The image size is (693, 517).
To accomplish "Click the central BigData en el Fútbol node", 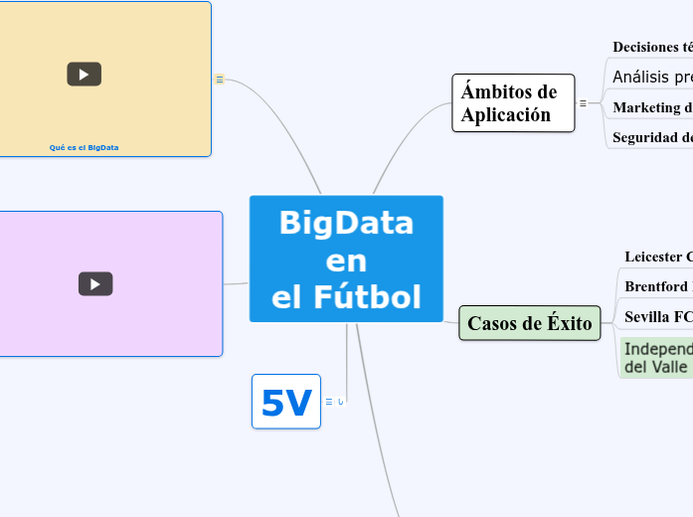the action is [x=346, y=258].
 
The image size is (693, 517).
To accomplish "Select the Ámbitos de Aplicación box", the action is [x=513, y=102].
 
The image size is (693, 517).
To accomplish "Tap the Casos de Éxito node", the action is [x=529, y=323].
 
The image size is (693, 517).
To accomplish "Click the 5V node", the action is [x=285, y=402].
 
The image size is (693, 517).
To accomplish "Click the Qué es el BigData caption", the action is [x=84, y=147].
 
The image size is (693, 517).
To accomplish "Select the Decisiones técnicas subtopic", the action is [x=652, y=47].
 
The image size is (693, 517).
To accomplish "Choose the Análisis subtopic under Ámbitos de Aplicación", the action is [x=652, y=77].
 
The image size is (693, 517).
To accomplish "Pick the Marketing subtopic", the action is [x=652, y=107].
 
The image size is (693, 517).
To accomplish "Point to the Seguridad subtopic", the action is [x=652, y=137].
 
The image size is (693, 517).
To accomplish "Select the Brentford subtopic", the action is [x=656, y=286].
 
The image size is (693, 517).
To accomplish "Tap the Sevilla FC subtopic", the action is [x=656, y=317].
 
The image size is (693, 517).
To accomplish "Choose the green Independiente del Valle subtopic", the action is [x=656, y=358].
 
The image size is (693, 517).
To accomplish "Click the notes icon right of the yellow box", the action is [x=220, y=80].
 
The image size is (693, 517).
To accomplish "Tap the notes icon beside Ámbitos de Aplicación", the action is [x=583, y=102].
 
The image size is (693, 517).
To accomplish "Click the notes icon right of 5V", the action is [x=329, y=402].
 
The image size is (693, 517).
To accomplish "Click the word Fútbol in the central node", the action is [x=346, y=296].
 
